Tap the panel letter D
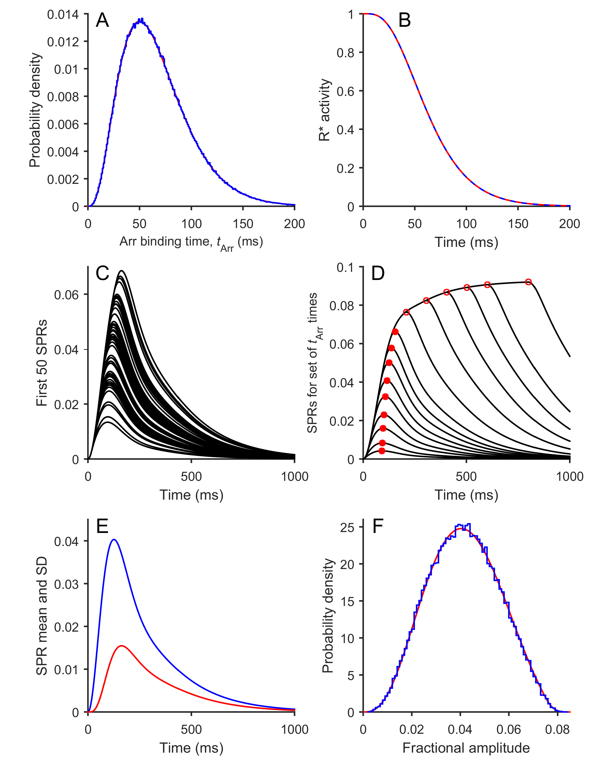point(378,274)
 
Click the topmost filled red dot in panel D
point(395,332)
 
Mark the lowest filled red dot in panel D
point(382,451)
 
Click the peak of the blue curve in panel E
point(114,539)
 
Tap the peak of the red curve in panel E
point(121,646)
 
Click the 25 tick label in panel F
point(347,527)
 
